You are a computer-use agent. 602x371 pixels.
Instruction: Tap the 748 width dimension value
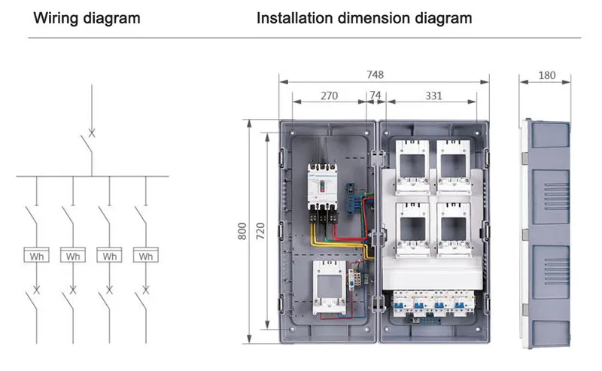[x=375, y=75]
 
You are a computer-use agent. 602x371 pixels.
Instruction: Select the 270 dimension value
[x=329, y=96]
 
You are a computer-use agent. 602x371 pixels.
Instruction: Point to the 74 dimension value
[x=375, y=96]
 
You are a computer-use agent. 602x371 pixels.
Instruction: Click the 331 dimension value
[x=433, y=96]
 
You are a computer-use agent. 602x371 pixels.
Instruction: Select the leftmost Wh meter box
[x=35, y=256]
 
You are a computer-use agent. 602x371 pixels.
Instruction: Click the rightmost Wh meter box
[x=145, y=256]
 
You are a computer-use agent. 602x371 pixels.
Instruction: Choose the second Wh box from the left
[x=72, y=256]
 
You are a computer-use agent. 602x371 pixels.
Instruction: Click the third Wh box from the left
[x=109, y=256]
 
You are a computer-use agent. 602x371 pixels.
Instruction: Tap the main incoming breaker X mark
[x=92, y=133]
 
